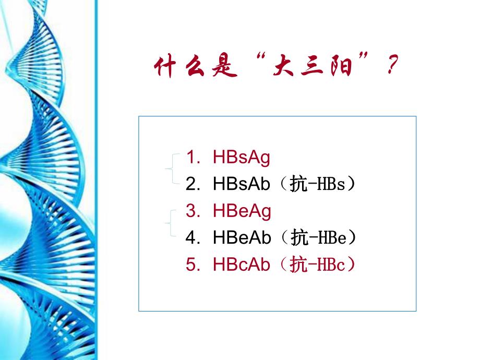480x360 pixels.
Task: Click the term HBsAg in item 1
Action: coord(242,158)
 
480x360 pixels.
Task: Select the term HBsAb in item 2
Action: coord(242,184)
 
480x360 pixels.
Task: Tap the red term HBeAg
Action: coord(242,211)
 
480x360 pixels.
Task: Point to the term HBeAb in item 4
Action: coord(242,238)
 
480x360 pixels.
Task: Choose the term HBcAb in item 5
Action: coord(242,265)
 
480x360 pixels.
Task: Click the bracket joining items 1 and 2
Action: coord(171,169)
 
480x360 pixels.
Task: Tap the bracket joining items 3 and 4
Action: coord(170,223)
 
